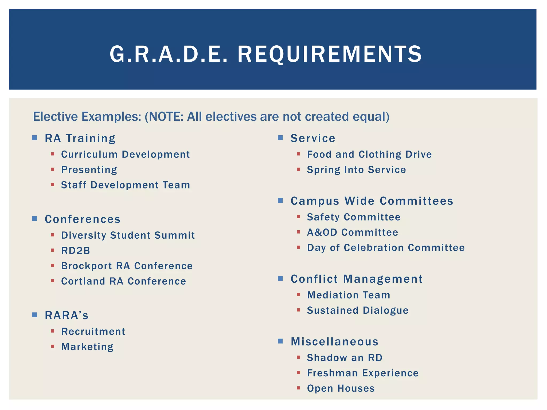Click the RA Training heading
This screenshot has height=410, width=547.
pyautogui.click(x=80, y=138)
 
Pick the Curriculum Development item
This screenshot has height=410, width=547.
pyautogui.click(x=126, y=155)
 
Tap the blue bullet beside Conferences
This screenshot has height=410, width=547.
pyautogui.click(x=34, y=219)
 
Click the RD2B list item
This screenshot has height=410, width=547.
pyautogui.click(x=76, y=251)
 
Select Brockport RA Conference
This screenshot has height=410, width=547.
pyautogui.click(x=127, y=266)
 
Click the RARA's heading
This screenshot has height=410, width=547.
pyautogui.click(x=67, y=315)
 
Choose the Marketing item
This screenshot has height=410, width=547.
pyautogui.click(x=87, y=347)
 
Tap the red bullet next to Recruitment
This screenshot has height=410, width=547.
pyautogui.click(x=53, y=331)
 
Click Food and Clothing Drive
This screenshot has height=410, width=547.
pyautogui.click(x=369, y=155)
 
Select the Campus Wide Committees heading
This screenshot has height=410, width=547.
pyautogui.click(x=372, y=201)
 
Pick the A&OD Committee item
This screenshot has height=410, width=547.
pyautogui.click(x=353, y=232)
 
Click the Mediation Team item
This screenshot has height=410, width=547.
pyautogui.click(x=349, y=295)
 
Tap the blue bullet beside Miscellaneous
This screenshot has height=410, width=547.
pyautogui.click(x=280, y=341)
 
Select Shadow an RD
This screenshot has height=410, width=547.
pyautogui.click(x=345, y=358)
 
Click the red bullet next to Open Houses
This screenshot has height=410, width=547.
pyautogui.click(x=299, y=388)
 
